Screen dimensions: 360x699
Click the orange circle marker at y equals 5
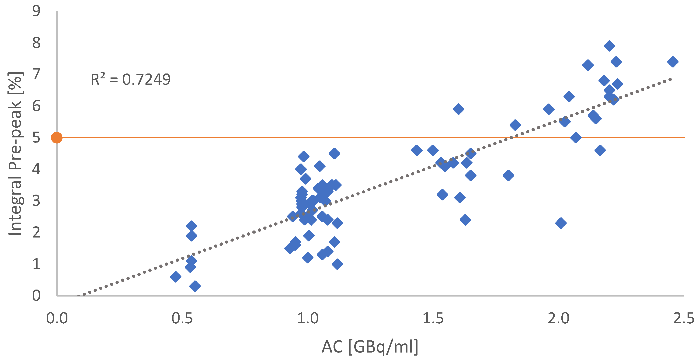57,138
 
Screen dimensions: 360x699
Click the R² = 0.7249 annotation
130,80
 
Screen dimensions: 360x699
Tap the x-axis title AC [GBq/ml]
370,347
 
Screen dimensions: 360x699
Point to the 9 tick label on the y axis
36,11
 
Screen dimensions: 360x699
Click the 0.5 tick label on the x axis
182,318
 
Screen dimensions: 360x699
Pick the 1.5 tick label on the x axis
433,318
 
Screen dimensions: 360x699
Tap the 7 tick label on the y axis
36,74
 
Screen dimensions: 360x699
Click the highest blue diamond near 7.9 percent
609,46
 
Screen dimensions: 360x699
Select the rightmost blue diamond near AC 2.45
673,62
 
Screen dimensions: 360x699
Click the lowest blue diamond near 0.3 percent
195,286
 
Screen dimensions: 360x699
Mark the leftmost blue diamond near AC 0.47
176,277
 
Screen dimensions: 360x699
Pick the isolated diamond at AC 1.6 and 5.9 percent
458,109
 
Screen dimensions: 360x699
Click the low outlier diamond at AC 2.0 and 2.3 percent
561,223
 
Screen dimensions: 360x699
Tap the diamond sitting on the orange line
576,138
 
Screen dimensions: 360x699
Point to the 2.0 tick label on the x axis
558,318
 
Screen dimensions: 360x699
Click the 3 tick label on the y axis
36,201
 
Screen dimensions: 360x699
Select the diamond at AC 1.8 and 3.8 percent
508,175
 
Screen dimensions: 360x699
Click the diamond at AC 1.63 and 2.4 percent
465,220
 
